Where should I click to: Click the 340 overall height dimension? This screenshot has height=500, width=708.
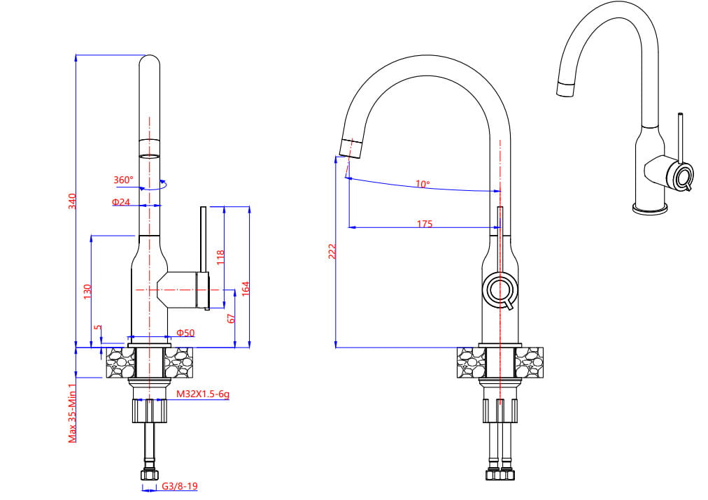click(x=72, y=201)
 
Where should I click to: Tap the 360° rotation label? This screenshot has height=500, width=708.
click(x=123, y=180)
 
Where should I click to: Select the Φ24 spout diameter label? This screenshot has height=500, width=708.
click(x=121, y=201)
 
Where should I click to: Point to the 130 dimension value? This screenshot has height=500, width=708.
click(x=87, y=291)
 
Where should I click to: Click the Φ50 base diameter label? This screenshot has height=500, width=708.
click(x=185, y=333)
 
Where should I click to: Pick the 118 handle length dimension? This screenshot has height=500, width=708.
click(x=220, y=257)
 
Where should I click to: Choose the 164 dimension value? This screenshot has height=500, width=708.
click(x=245, y=289)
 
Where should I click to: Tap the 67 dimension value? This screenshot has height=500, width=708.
click(x=231, y=319)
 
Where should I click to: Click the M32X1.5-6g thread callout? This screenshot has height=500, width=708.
click(x=203, y=394)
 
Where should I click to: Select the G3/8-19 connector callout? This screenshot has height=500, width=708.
click(x=180, y=486)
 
